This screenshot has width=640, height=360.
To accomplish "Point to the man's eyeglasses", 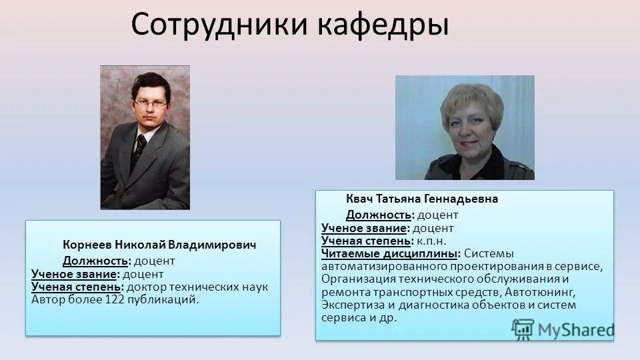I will point(149,103).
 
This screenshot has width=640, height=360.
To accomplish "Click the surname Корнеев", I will point(87,245).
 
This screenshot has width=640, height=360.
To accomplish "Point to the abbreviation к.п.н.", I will point(431,241).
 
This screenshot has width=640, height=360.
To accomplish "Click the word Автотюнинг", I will point(539,292).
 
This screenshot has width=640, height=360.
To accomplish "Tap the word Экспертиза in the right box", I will point(350,305).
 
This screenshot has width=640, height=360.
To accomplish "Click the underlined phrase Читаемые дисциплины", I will point(391,253).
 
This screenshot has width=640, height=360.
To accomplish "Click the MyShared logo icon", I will point(523,329).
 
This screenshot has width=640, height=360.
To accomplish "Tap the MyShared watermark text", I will point(576,329).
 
